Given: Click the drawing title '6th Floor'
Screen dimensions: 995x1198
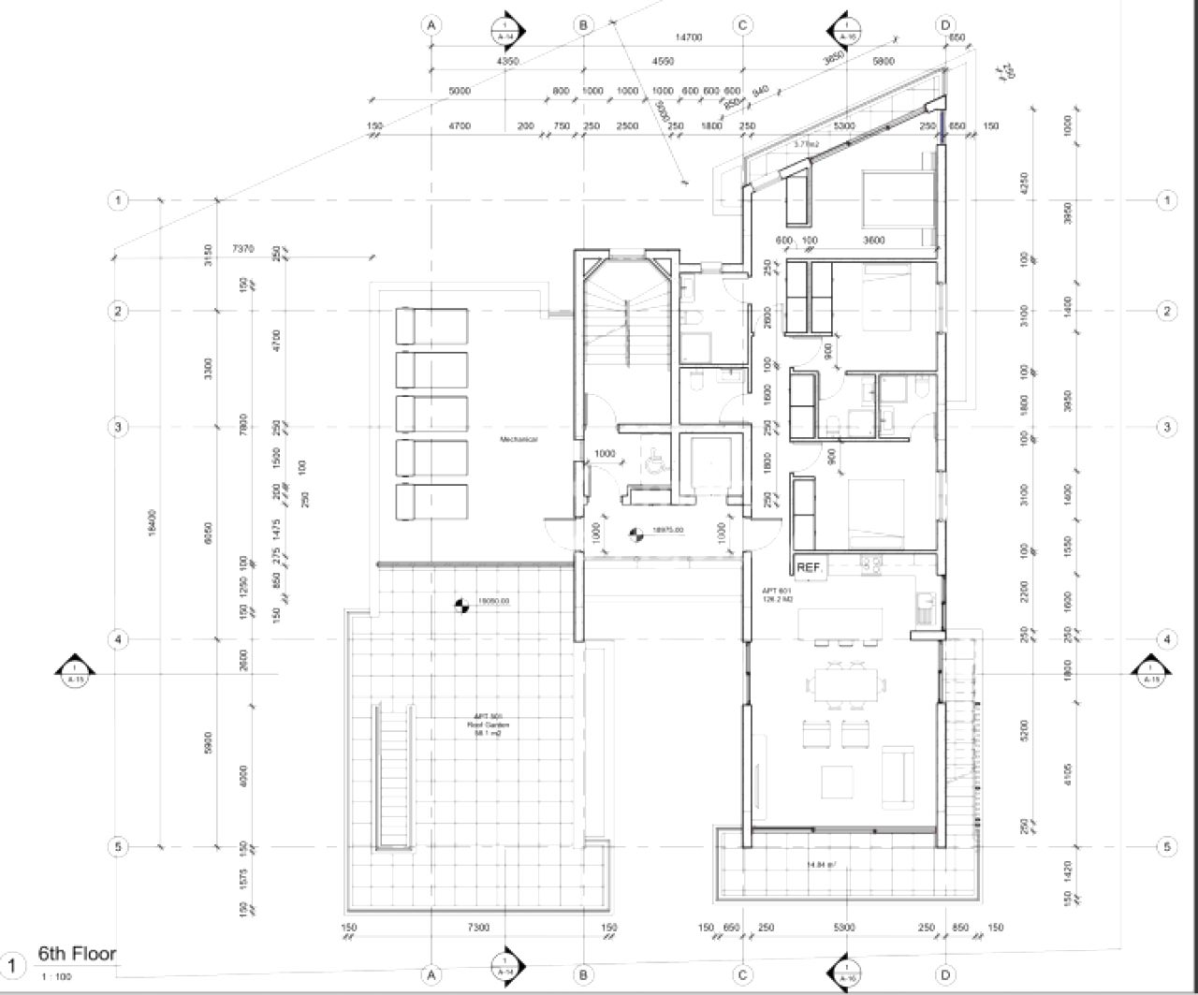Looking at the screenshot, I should (x=77, y=954).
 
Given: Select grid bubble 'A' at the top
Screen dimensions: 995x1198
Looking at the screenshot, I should (x=431, y=25).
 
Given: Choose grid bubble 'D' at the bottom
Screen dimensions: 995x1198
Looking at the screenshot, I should (x=945, y=975).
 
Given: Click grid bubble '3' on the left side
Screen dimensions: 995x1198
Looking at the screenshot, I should (x=118, y=427).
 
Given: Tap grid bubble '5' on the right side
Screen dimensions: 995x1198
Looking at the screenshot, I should (x=1166, y=847).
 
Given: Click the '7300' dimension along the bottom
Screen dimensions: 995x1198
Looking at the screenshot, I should (x=478, y=928).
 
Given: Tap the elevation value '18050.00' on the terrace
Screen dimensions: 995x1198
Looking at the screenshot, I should (x=492, y=602).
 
